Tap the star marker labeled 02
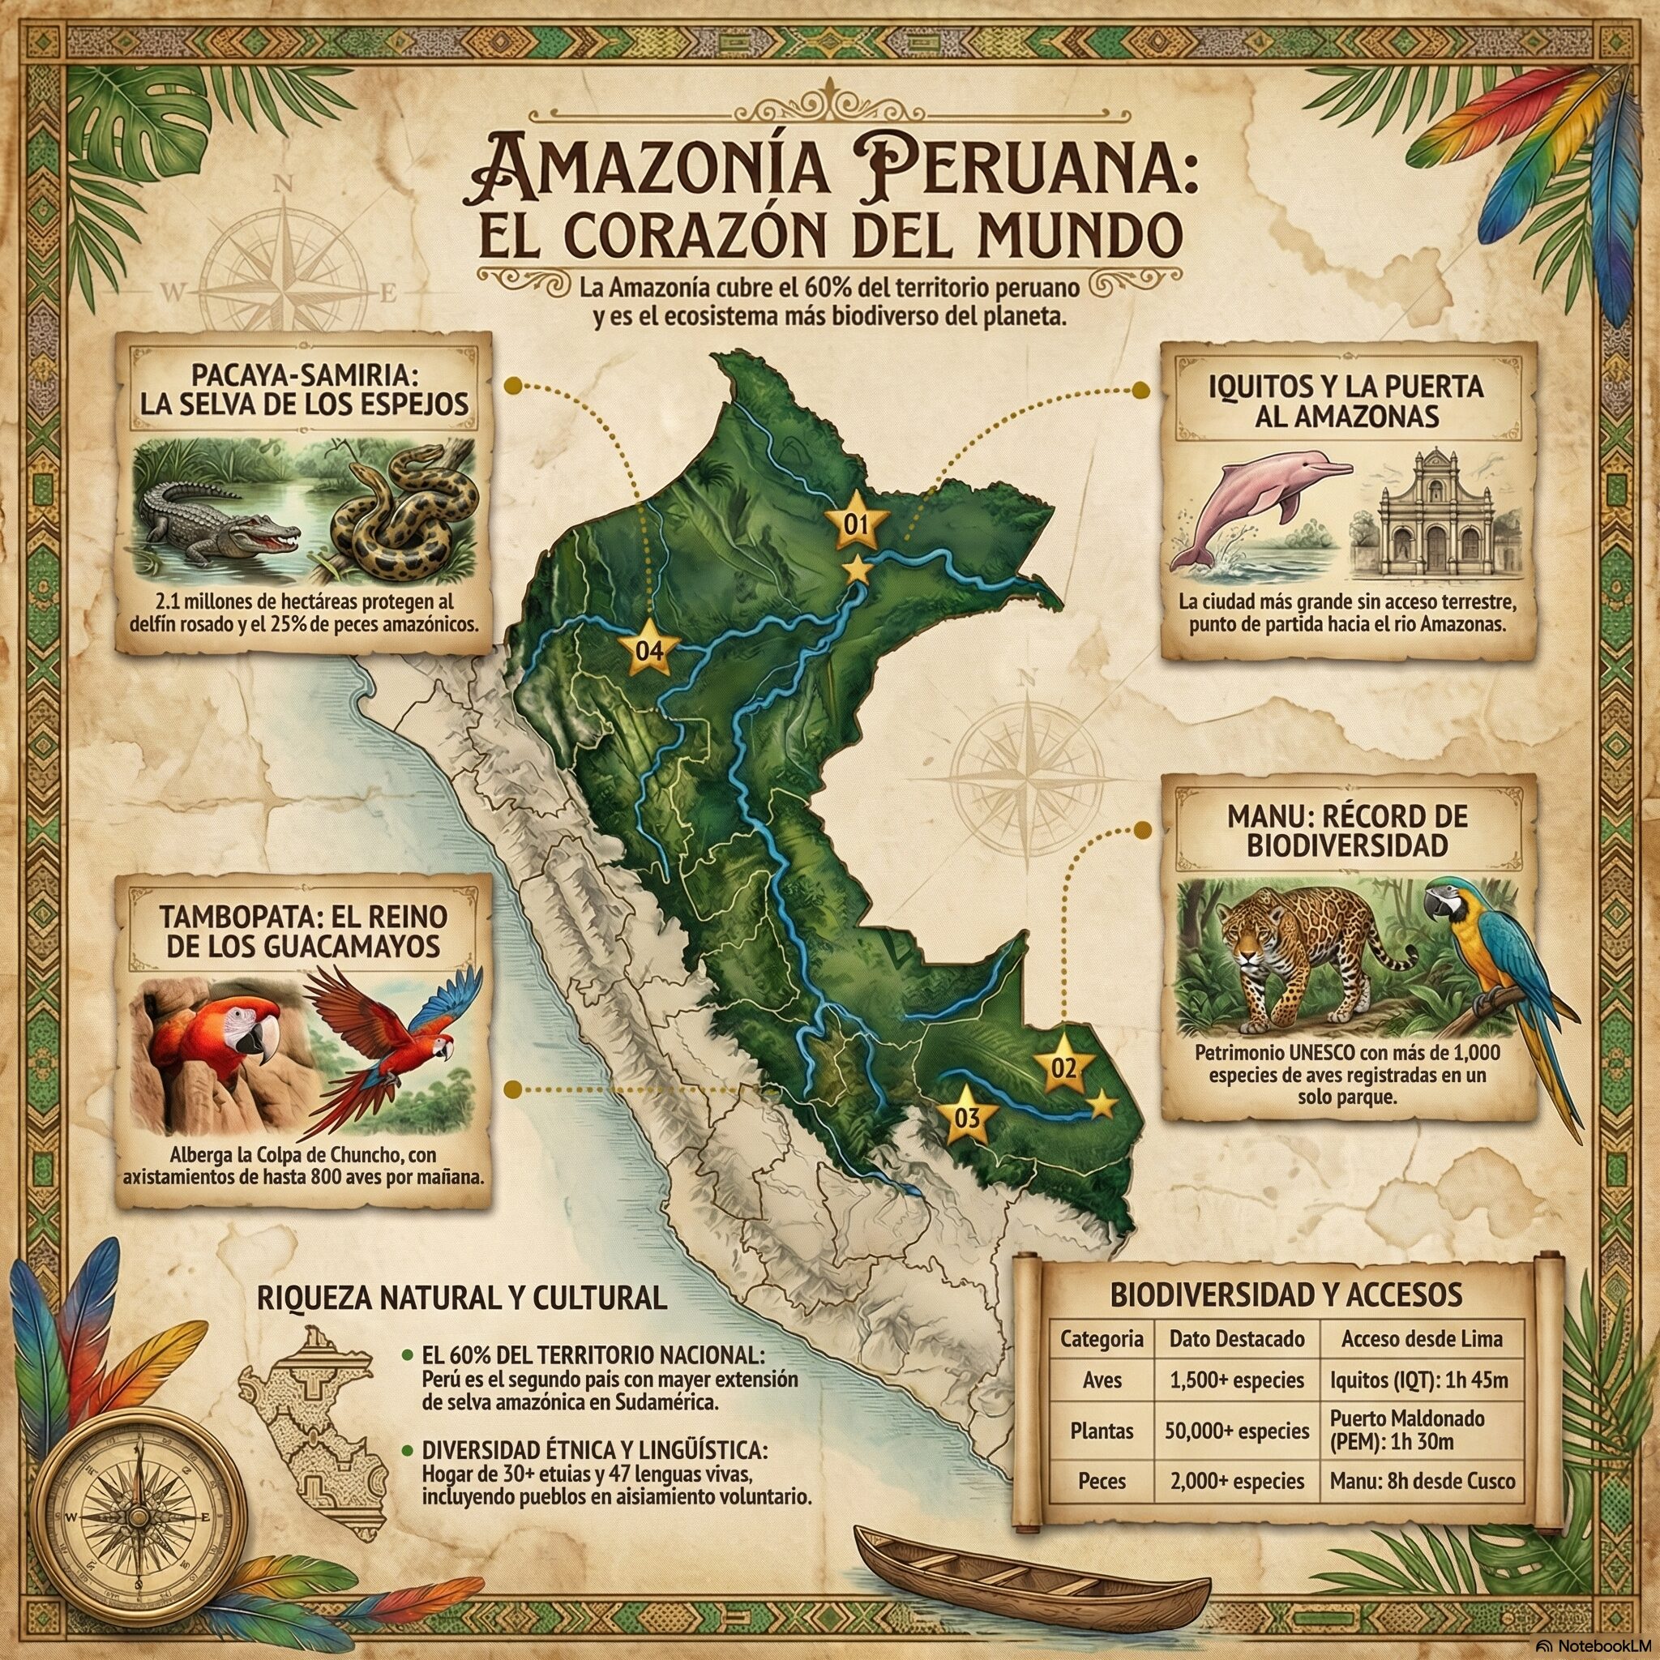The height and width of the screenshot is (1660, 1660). coord(1063,1068)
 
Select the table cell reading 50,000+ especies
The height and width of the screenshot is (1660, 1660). coord(1236,1431)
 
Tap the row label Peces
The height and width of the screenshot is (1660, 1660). coord(1102,1482)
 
